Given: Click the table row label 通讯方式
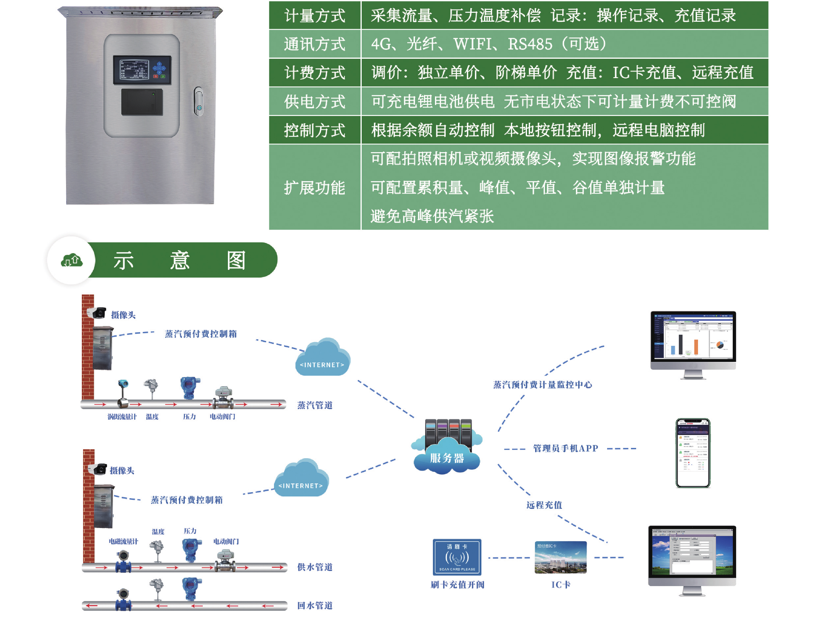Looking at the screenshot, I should coord(314,44).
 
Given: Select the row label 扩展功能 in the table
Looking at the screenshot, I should coord(314,188).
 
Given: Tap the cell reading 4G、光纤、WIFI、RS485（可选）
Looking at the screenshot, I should coord(488,44).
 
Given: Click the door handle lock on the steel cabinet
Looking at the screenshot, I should coord(199,102).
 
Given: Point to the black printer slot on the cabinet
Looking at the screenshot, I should coord(142,102).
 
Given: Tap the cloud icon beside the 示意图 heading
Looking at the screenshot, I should coord(72,260).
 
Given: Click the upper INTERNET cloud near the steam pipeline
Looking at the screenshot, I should coord(323,358).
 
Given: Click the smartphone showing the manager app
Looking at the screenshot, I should coord(693,453).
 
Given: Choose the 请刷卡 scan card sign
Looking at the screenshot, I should coord(457,557).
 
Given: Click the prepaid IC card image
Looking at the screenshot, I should coord(561,557).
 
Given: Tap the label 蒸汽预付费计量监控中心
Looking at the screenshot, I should coord(542,385).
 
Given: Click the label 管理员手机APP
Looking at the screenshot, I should coord(565,448).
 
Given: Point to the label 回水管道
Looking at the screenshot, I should coord(315,606).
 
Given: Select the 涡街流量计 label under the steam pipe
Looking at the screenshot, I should coord(122,417).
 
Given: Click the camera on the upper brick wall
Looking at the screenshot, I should coord(98,313).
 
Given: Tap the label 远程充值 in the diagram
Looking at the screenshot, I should coord(544,505).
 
